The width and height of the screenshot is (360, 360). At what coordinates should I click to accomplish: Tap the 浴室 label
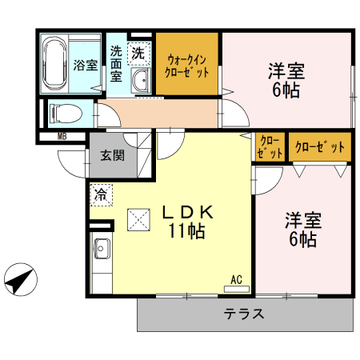coord(86,66)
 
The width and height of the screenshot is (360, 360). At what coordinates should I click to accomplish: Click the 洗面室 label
coord(115,65)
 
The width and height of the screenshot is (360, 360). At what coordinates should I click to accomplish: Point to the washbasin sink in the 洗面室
coord(140,81)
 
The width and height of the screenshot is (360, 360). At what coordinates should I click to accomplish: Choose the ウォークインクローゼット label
coord(187,64)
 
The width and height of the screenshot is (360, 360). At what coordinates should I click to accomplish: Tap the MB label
coord(62,137)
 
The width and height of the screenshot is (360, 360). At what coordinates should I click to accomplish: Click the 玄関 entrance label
coord(112,156)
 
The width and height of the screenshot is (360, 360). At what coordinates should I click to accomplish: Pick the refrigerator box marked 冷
coord(101,193)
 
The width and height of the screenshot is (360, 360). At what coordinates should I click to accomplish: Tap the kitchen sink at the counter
coord(102,250)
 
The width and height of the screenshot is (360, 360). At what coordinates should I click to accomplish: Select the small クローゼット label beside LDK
coord(270,146)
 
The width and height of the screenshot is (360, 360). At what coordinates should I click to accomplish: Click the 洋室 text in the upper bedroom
coord(285,70)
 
